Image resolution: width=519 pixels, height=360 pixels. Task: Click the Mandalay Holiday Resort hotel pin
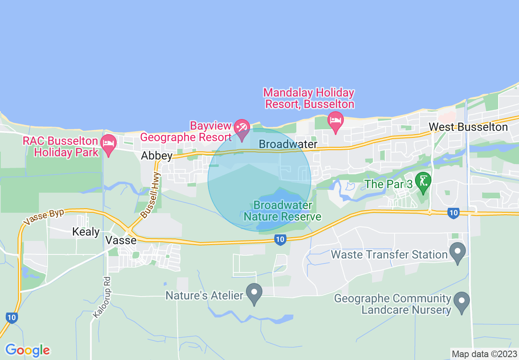pyautogui.click(x=336, y=121)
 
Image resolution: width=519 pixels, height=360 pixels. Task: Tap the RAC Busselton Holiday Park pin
pyautogui.click(x=108, y=144)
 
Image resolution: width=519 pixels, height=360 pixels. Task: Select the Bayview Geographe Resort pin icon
pyautogui.click(x=241, y=128)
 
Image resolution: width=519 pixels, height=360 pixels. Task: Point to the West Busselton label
pyautogui.click(x=468, y=127)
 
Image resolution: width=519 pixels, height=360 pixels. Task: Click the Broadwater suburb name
pyautogui.click(x=288, y=144)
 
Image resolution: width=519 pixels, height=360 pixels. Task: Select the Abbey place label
pyautogui.click(x=157, y=156)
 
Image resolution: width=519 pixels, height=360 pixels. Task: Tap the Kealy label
pyautogui.click(x=86, y=232)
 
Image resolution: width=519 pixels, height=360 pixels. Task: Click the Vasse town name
pyautogui.click(x=121, y=240)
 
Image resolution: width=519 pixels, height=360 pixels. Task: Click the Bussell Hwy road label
pyautogui.click(x=151, y=195)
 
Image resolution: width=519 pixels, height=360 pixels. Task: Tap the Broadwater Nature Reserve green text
pyautogui.click(x=282, y=211)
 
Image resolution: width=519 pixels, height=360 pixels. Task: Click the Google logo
pyautogui.click(x=28, y=350)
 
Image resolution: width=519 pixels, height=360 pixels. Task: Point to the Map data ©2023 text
pyautogui.click(x=484, y=354)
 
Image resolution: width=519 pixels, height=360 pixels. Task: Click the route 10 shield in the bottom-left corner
pyautogui.click(x=11, y=317)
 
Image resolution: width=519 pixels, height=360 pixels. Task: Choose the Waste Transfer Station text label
pyautogui.click(x=389, y=254)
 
